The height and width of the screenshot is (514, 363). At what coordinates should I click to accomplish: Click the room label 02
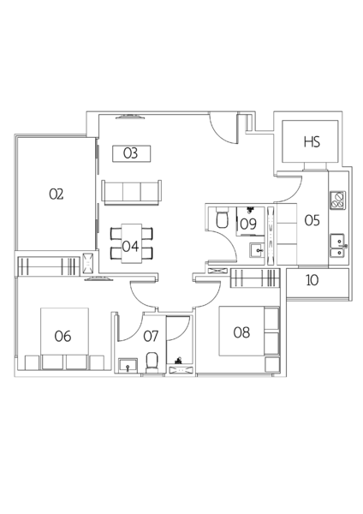[x=56, y=194]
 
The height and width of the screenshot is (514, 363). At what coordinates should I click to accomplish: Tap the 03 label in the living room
[x=130, y=153]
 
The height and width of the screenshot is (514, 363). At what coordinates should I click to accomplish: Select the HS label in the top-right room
[x=312, y=142]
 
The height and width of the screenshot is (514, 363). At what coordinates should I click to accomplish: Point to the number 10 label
[x=312, y=280]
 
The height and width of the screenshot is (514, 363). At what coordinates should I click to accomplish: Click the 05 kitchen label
[x=312, y=220]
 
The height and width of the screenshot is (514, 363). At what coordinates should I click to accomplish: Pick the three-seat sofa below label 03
[x=132, y=193]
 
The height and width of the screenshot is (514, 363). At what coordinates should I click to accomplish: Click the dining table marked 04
[x=132, y=243]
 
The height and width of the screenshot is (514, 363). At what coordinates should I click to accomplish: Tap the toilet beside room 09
[x=222, y=218]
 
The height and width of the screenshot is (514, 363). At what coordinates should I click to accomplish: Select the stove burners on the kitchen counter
[x=338, y=200]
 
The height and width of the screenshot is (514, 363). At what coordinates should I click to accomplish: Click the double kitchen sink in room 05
[x=337, y=245]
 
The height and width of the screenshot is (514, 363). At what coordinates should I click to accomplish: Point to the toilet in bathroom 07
[x=152, y=362]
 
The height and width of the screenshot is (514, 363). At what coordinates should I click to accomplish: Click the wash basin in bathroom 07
[x=128, y=365]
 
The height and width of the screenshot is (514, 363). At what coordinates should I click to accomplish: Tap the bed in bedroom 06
[x=64, y=339]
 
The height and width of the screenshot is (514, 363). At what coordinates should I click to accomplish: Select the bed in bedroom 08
[x=248, y=331]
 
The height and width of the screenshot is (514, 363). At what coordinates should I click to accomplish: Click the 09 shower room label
[x=248, y=224]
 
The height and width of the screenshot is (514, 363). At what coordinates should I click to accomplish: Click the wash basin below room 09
[x=257, y=251]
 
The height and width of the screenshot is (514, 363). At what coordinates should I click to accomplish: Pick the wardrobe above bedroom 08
[x=255, y=278]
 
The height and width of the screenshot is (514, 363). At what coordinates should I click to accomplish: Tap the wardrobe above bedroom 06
[x=49, y=266]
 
